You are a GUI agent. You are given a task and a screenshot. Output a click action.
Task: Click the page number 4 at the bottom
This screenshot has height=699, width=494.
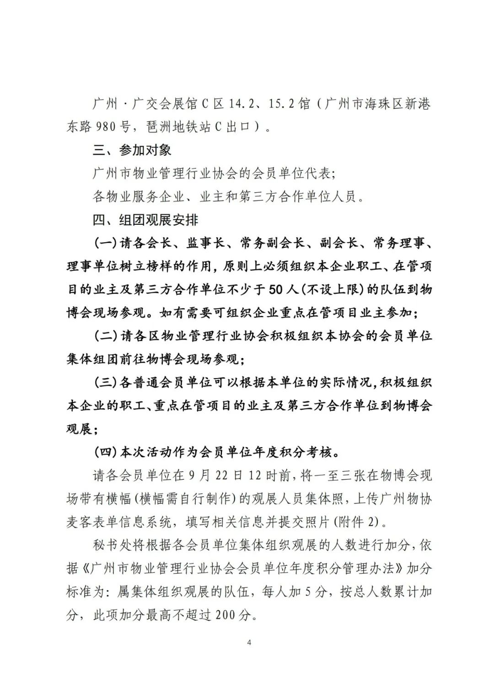[249, 642]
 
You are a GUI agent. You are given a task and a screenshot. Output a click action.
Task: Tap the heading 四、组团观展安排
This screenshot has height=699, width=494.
[145, 220]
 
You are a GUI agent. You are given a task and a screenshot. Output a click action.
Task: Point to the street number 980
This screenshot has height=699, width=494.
[105, 127]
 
